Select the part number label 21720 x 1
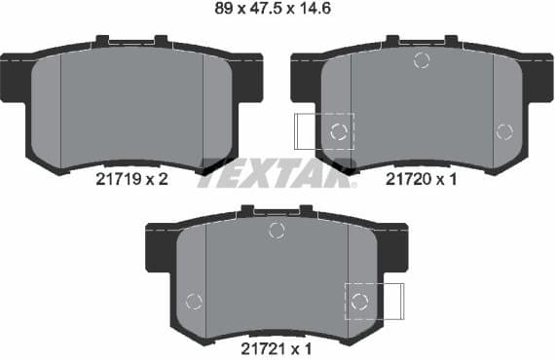point(422,179)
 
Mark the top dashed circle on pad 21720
point(422,60)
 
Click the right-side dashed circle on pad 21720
point(503,131)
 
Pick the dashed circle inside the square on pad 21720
point(338,131)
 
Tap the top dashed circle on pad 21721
point(277,230)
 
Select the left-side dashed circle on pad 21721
point(194,301)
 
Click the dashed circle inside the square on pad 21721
point(359,301)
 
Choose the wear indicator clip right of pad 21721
point(392,301)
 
